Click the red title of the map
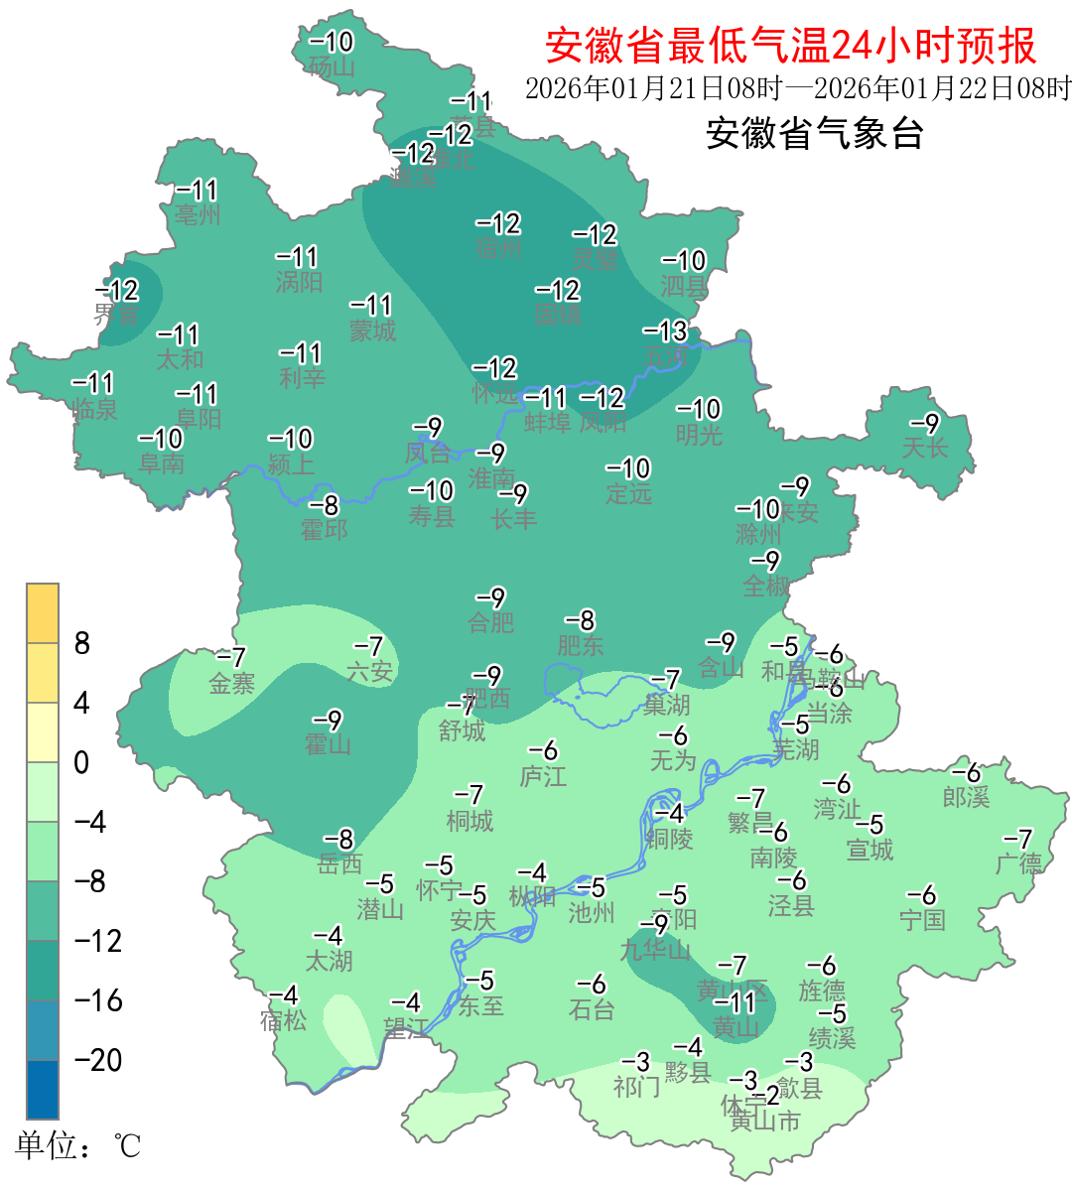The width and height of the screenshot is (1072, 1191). tap(790, 46)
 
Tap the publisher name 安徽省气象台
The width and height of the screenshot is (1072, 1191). tap(814, 133)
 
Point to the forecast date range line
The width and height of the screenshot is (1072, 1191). tap(798, 88)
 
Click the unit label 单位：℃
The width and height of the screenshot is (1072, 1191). tap(77, 1146)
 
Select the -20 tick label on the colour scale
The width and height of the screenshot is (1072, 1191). tap(98, 1060)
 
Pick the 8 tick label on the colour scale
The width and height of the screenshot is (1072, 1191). tap(82, 643)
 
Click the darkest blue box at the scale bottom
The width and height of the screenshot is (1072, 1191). tap(43, 1090)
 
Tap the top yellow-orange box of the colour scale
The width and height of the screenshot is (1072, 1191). tap(43, 613)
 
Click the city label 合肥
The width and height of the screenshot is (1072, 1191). tap(490, 622)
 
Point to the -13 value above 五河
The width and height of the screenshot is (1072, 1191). tap(665, 331)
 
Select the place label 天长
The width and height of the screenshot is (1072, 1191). tap(924, 448)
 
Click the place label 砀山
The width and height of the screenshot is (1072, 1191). tap(332, 66)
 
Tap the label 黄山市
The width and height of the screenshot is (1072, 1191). tap(765, 1122)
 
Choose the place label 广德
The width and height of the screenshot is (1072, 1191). tap(1018, 863)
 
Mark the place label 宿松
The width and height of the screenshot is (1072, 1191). tap(283, 1019)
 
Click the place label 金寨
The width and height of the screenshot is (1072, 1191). tap(231, 683)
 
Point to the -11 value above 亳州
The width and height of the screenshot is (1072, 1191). tap(197, 190)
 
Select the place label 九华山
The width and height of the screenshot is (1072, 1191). tap(655, 950)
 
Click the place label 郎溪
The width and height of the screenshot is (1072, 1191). tap(966, 796)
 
